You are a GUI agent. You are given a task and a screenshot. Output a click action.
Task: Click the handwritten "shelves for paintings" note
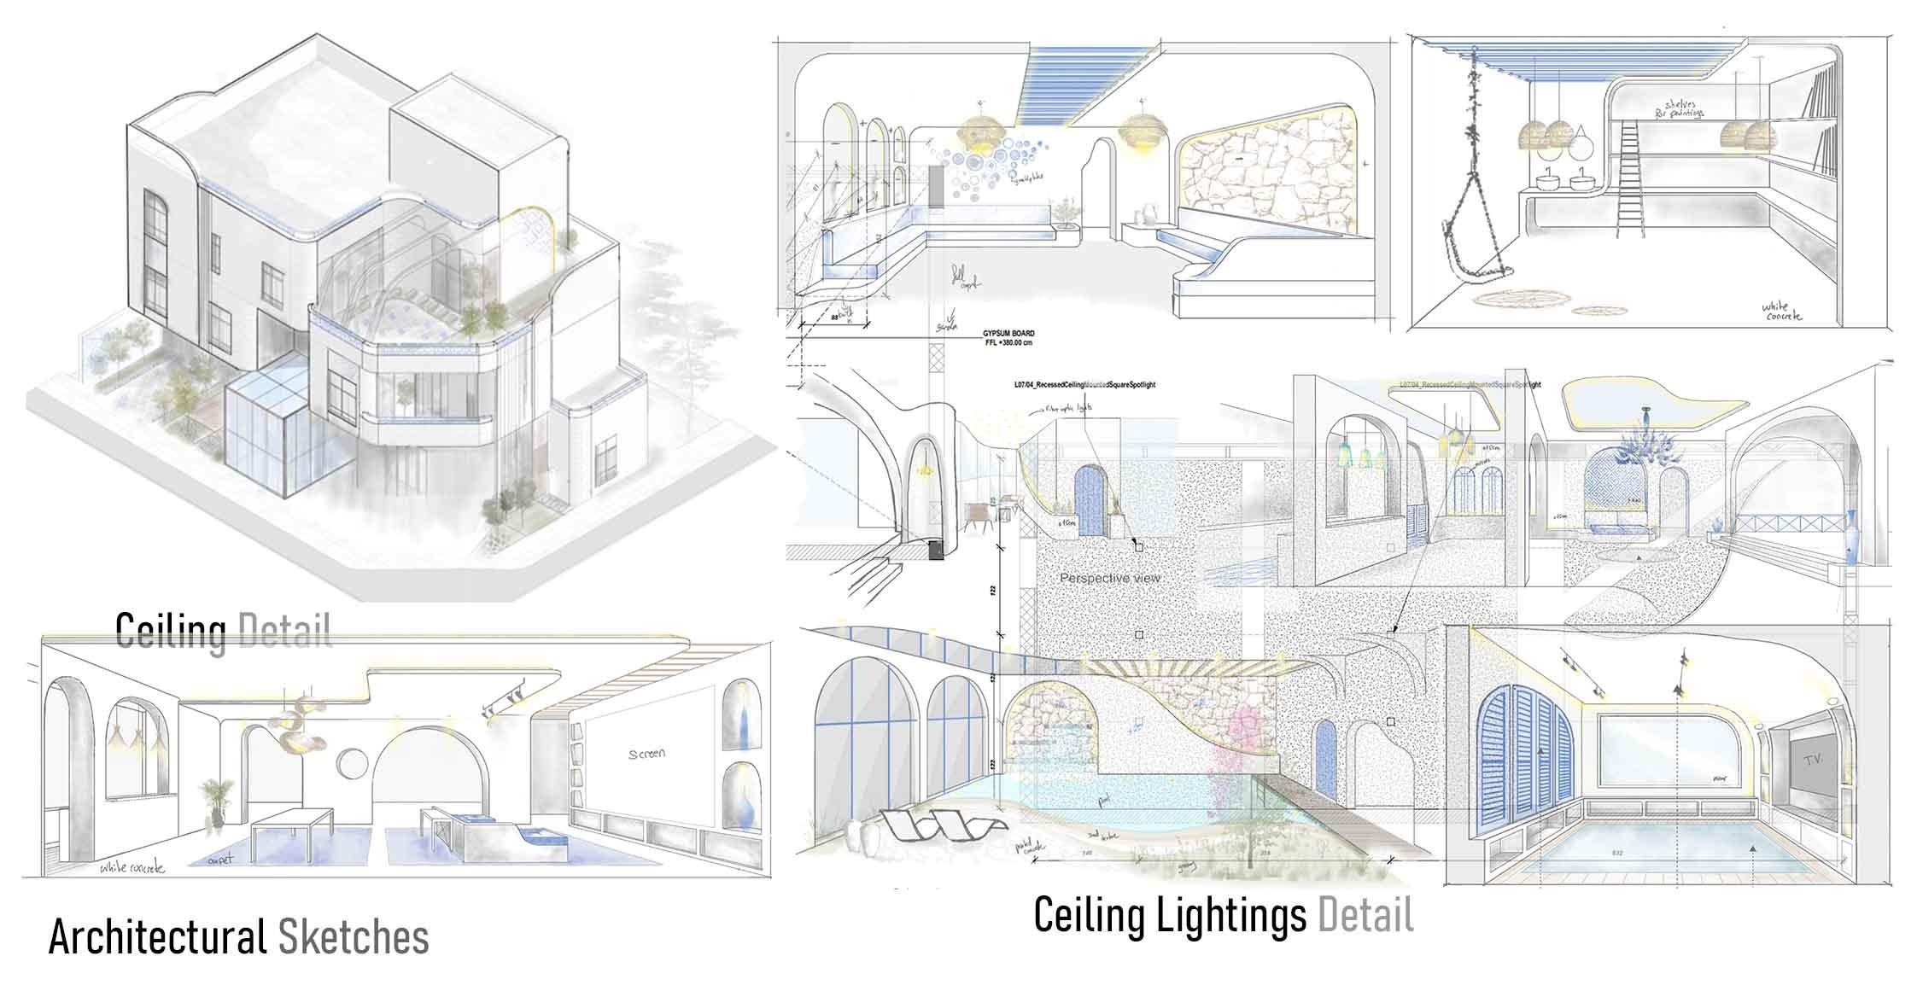[1651, 108]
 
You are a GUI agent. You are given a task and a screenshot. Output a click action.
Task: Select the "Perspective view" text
[1110, 578]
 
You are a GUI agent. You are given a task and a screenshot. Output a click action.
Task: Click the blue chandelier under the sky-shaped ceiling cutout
[1644, 445]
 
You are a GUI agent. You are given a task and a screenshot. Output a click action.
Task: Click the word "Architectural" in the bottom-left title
[157, 937]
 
